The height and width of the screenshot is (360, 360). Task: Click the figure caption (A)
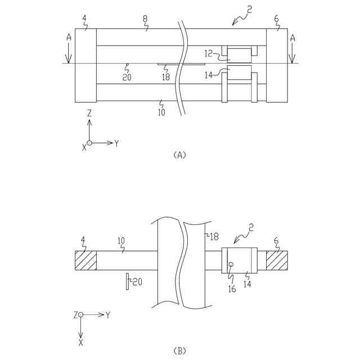click(179, 155)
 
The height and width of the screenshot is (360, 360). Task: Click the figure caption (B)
click(179, 351)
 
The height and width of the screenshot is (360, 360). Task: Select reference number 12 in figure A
click(209, 54)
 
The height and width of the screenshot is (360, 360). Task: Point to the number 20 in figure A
click(127, 77)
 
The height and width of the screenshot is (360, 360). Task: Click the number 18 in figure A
click(165, 77)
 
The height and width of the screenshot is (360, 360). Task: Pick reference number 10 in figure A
click(161, 112)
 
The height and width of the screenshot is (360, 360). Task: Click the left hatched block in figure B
click(85, 260)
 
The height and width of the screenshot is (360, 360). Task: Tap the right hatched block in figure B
click(277, 260)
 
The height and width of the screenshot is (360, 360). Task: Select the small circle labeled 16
click(230, 264)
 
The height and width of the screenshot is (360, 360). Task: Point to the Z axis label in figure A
click(89, 113)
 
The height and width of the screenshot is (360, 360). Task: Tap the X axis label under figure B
click(80, 341)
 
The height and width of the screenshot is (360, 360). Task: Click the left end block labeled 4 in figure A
click(85, 65)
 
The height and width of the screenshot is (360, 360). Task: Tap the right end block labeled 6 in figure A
click(277, 65)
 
